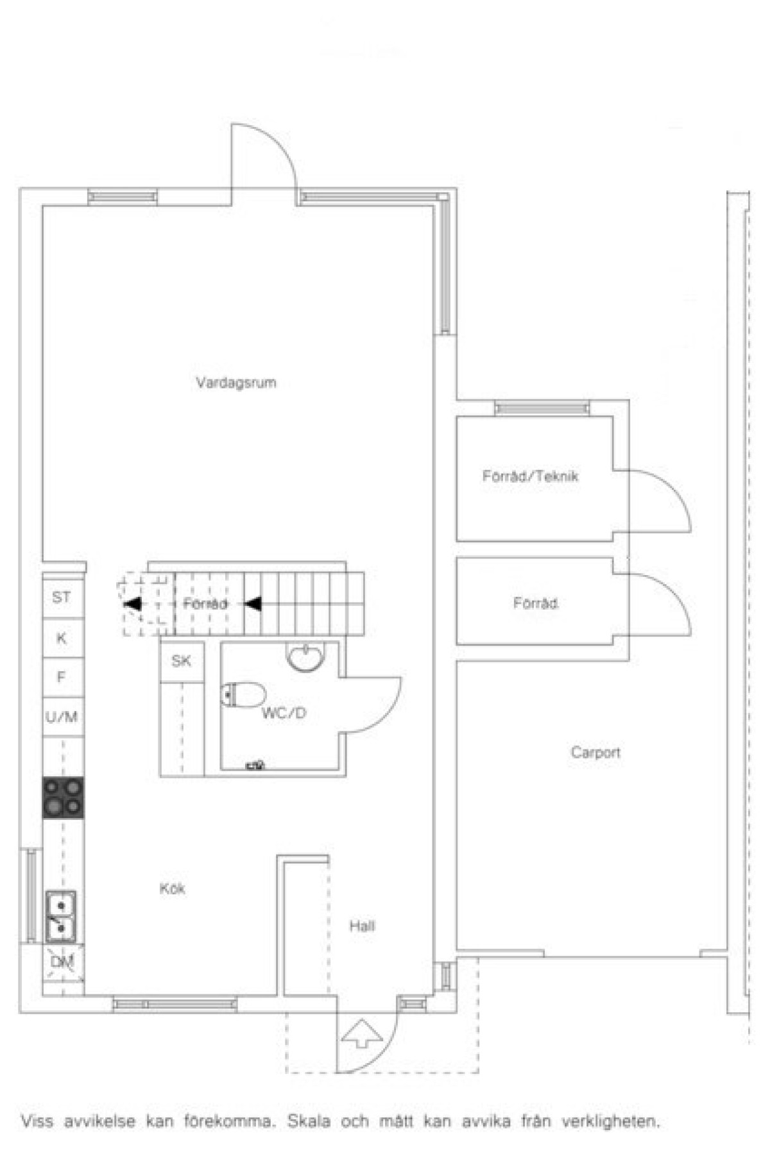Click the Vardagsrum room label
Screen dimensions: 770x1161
(236, 383)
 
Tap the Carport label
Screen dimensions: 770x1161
(595, 752)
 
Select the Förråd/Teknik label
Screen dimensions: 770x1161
(530, 476)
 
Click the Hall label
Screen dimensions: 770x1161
(362, 926)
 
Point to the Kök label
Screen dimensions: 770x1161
(172, 889)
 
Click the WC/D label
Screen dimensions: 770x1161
(284, 713)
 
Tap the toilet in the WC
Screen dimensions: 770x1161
(243, 694)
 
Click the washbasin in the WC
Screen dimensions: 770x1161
(305, 656)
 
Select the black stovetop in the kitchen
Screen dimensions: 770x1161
(63, 798)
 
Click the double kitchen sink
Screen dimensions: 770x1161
(61, 917)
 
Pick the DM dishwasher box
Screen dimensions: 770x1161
(62, 962)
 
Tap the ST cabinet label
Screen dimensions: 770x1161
(62, 597)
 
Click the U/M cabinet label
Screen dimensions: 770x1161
(62, 717)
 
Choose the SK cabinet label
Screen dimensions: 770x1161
(181, 661)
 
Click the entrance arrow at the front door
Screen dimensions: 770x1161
(362, 1032)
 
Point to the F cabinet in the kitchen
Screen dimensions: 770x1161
(62, 678)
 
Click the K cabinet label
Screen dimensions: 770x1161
(62, 639)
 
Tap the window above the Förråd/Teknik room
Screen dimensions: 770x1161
(542, 408)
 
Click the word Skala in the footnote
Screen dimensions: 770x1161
(309, 1122)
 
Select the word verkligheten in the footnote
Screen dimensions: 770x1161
(610, 1122)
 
